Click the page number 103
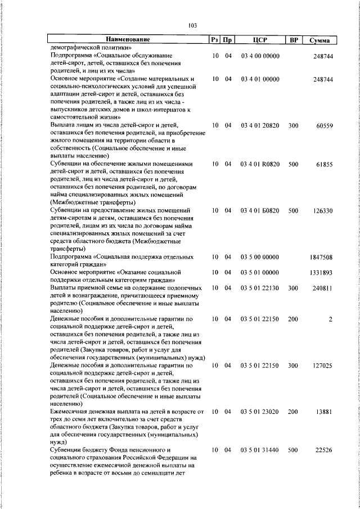click(x=192, y=25)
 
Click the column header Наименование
click(x=128, y=40)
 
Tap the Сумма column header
click(x=319, y=40)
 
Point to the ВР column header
click(x=293, y=40)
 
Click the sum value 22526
click(x=324, y=451)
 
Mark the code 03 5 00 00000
click(x=260, y=257)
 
